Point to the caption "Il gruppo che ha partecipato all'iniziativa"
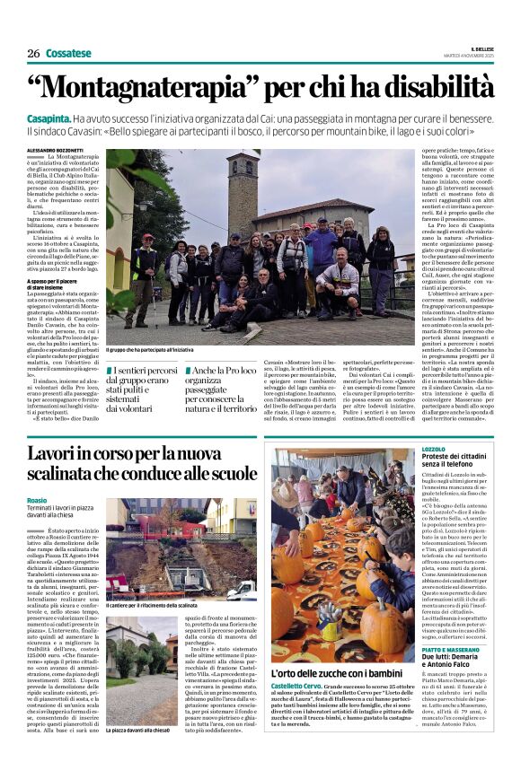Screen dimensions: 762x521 click(x=150, y=349)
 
